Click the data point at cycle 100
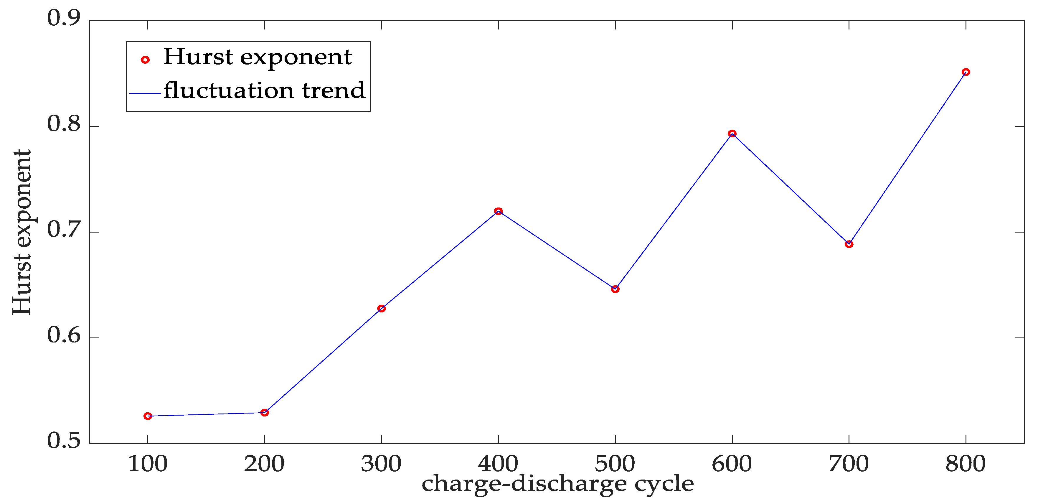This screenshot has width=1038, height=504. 148,416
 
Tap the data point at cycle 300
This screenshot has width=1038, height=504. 381,309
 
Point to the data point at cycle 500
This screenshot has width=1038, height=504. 615,289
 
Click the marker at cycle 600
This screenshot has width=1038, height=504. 732,134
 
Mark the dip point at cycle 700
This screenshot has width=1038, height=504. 849,244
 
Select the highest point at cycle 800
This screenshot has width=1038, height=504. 966,72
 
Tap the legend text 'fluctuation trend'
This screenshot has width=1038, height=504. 264,90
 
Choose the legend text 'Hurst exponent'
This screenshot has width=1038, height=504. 258,57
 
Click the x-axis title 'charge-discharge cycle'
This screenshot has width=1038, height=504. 558,483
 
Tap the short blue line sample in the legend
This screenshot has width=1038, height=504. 145,93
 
